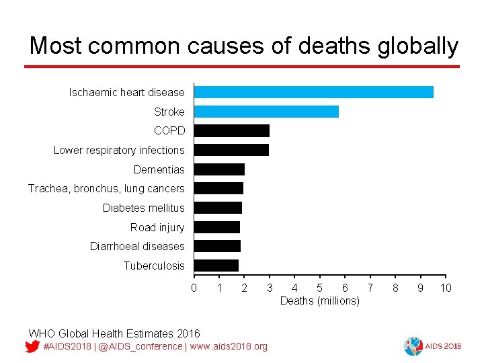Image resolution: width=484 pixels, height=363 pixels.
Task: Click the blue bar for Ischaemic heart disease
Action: point(313,92)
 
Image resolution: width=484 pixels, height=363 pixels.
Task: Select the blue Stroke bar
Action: point(266,112)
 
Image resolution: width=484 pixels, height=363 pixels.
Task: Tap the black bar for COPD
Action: point(231,130)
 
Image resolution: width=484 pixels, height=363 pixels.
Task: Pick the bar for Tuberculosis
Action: point(216,266)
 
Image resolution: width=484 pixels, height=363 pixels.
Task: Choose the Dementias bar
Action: point(219,169)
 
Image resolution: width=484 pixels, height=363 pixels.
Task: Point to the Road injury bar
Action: point(216,227)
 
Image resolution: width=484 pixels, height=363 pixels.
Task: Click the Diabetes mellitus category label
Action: point(143,208)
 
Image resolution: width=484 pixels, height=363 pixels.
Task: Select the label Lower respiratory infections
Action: point(119,151)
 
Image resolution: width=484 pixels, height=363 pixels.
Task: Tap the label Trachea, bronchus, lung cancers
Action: point(106,189)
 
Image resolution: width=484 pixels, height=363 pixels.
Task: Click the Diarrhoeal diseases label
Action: point(137,247)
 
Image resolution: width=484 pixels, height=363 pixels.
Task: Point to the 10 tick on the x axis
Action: point(445,288)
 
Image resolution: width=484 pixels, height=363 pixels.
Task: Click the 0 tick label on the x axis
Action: point(194,288)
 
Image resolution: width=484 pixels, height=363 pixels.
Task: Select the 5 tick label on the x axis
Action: point(319,288)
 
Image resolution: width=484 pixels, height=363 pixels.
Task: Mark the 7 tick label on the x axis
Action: point(370,288)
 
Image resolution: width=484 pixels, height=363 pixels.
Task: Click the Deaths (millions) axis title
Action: point(319,300)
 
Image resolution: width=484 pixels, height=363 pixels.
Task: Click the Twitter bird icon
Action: point(32,347)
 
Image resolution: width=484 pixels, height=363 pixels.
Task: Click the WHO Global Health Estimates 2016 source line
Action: point(114,333)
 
